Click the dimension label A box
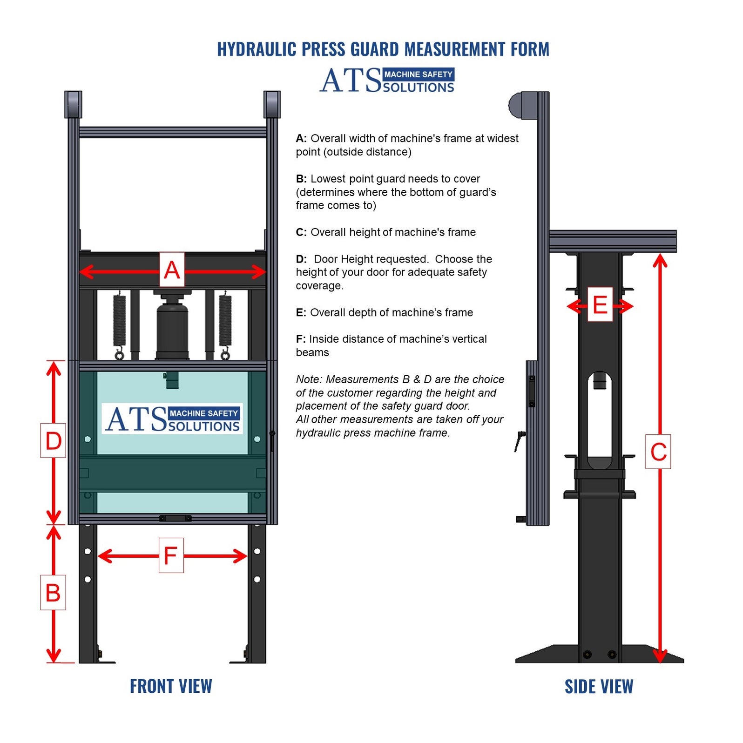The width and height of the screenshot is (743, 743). [172, 270]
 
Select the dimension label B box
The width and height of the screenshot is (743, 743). [53, 593]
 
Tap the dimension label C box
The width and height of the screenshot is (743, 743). [658, 452]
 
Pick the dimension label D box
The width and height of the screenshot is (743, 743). [53, 440]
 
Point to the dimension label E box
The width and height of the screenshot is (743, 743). [600, 305]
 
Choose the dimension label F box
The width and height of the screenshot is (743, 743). [171, 555]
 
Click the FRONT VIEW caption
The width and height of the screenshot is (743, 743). [171, 686]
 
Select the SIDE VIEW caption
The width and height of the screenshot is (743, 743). [599, 687]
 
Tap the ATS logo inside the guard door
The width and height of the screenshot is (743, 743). [172, 419]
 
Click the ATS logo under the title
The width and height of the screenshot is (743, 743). [386, 81]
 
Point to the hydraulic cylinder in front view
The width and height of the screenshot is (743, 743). [172, 328]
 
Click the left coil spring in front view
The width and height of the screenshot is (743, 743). [120, 321]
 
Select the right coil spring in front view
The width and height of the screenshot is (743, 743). [225, 321]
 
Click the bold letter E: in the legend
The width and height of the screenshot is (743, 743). [301, 313]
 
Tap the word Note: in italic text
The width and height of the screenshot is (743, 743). [309, 379]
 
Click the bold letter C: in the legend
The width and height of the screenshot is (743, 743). [301, 232]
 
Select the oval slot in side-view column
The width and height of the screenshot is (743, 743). [599, 419]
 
